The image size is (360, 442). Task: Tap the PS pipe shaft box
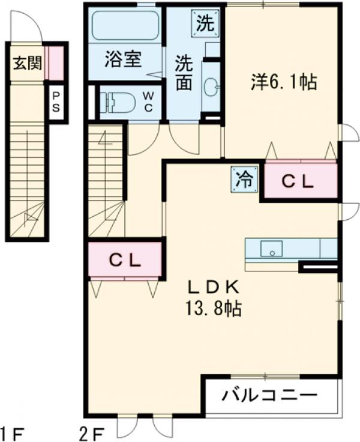point(56,103)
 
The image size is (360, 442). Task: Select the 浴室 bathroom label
point(122,60)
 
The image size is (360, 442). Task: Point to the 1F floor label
point(12,431)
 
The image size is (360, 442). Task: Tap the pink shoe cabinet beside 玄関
point(55,62)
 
